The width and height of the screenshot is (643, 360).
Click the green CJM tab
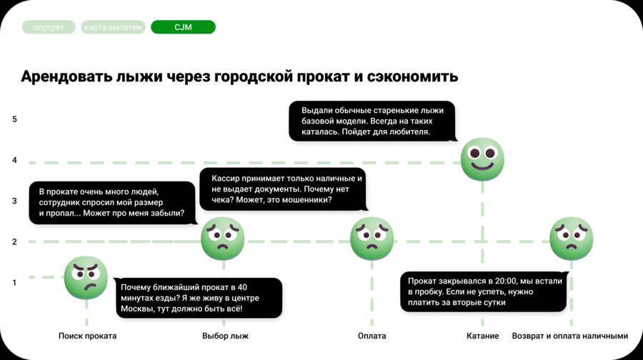(183, 27)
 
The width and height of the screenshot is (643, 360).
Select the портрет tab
(48, 27)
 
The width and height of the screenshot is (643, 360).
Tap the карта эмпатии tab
(114, 27)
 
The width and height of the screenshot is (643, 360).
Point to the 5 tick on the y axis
(14, 119)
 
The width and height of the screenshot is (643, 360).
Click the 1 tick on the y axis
(14, 282)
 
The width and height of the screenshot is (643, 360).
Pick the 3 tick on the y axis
(14, 201)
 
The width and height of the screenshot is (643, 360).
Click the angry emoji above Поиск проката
(86, 278)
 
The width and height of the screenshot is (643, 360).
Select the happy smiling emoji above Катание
(482, 159)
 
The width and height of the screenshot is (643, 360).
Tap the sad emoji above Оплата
(372, 239)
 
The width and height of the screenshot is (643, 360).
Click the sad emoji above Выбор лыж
(223, 239)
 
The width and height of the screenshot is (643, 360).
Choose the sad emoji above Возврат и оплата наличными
(571, 239)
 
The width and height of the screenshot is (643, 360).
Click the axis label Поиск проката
(87, 336)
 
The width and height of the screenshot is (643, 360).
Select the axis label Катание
(482, 336)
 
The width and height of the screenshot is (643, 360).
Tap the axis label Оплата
(372, 336)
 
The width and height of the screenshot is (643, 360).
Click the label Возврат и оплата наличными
(570, 336)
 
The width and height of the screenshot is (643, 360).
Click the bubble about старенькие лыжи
(372, 121)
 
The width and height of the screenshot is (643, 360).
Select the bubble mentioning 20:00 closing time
(484, 291)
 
